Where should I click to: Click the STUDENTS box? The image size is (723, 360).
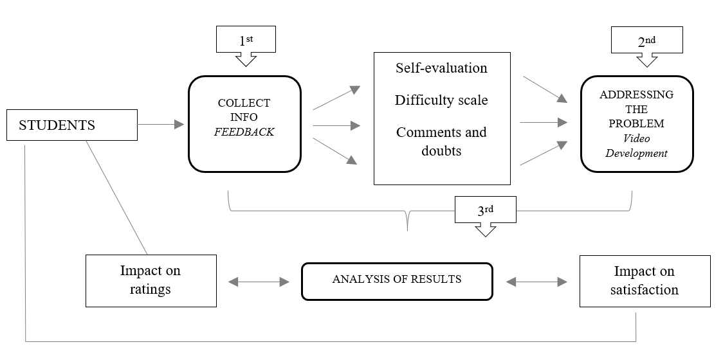[71, 125]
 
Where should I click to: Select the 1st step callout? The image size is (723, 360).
[246, 41]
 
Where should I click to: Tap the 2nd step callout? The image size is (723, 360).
[646, 42]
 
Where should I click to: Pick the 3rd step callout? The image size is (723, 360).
[486, 210]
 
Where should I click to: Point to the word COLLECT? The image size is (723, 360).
[244, 103]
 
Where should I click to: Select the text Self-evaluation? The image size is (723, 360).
[441, 67]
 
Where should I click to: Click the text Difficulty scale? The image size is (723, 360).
[441, 100]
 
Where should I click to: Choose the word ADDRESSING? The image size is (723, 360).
[636, 94]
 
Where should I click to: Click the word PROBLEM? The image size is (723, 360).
[636, 123]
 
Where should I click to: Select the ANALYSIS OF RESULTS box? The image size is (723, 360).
[396, 280]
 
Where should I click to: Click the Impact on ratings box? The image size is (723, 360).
[151, 280]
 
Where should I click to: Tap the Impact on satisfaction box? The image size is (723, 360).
[645, 280]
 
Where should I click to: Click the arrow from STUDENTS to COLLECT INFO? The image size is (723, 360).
[161, 125]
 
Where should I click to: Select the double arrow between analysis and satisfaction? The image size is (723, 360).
[537, 282]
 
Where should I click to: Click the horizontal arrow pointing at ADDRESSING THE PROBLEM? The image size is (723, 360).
[544, 122]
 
